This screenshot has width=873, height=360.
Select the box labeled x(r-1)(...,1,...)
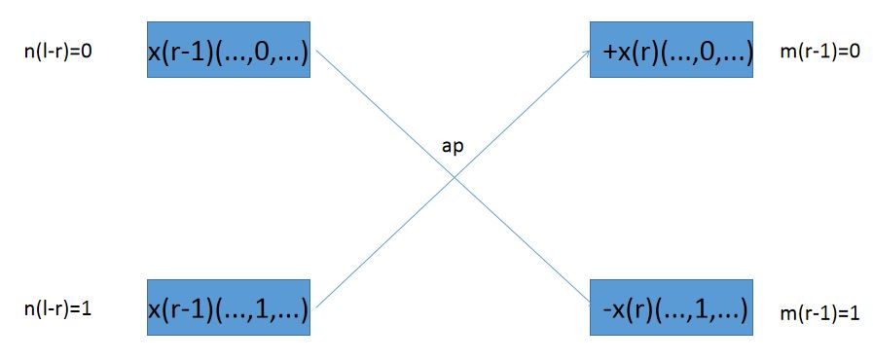(229, 308)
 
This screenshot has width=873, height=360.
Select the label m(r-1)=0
(820, 50)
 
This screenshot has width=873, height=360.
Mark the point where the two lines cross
(454, 177)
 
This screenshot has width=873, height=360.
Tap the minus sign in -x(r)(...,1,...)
(608, 309)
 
